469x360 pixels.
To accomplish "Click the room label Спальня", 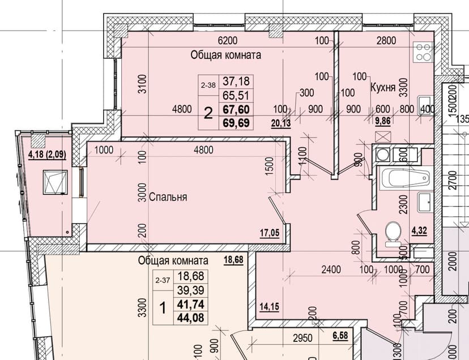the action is [x=168, y=198].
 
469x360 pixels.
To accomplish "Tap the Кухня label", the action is [x=383, y=88].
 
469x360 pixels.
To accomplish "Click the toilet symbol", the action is [x=393, y=234].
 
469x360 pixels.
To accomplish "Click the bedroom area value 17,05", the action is [x=270, y=233].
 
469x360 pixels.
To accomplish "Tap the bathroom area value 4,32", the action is [x=419, y=231].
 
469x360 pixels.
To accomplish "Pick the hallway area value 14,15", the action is [x=269, y=306].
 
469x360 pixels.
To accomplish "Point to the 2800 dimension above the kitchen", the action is [x=386, y=40].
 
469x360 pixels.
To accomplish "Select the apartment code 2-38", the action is [x=208, y=85].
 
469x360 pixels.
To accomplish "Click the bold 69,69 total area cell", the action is [x=236, y=123].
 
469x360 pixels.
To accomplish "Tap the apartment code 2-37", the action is [x=163, y=280].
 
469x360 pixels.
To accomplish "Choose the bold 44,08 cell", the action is [x=190, y=318].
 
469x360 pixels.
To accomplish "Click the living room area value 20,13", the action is [x=281, y=123].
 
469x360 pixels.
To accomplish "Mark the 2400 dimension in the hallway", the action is [x=331, y=269].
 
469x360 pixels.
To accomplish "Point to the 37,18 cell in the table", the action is [x=236, y=82].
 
